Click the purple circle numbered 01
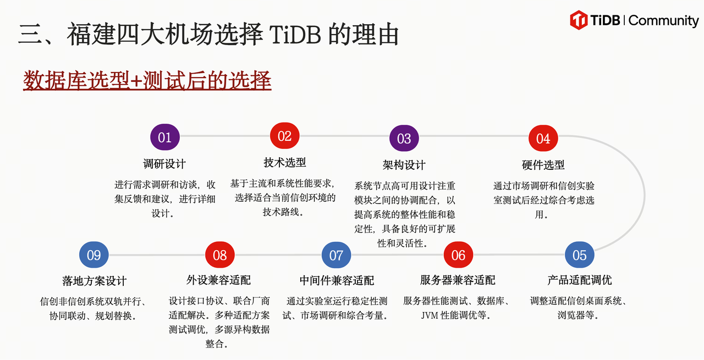point(165,137)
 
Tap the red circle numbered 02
point(284,136)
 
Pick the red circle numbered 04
point(543,139)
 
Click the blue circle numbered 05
point(580,255)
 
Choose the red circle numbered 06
point(458,255)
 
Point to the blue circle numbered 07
point(336,255)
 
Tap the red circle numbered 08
point(219,255)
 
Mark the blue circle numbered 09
point(94,255)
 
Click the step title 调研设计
point(164,164)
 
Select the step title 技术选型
point(284,163)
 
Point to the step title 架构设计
point(404,165)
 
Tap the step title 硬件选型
point(543,165)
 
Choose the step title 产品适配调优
point(580,280)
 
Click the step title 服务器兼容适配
point(458,280)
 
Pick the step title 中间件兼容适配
point(337,280)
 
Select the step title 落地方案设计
point(95,281)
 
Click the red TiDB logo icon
point(579,20)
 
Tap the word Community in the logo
point(663,21)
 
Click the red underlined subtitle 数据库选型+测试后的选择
point(147,81)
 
